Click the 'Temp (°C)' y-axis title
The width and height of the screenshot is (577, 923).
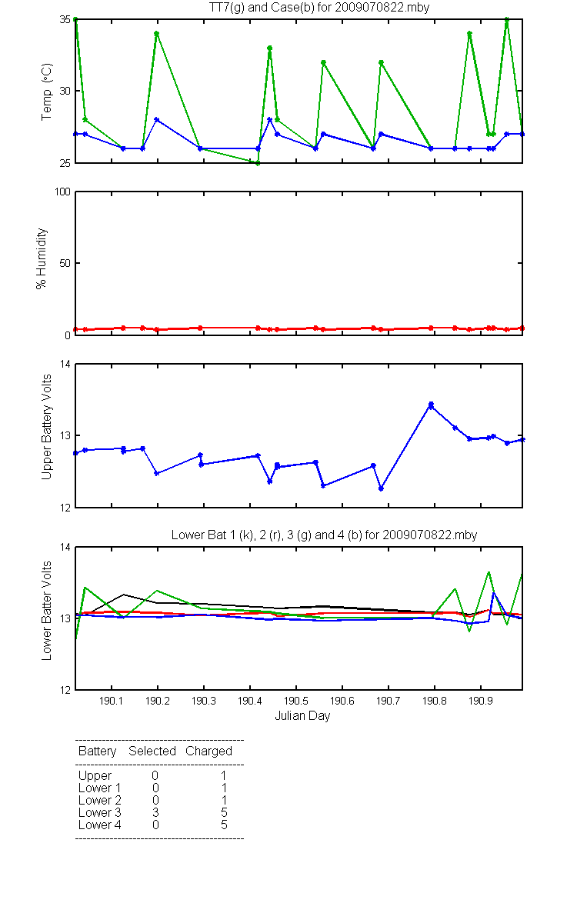click(47, 92)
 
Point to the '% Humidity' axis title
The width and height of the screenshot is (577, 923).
click(42, 258)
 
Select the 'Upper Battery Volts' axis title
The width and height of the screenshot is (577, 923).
click(47, 427)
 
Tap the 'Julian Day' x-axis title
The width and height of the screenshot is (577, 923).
click(302, 716)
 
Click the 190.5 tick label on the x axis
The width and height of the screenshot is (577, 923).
click(296, 701)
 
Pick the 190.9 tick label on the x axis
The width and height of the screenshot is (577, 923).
click(481, 701)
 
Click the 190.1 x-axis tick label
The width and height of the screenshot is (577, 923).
click(112, 701)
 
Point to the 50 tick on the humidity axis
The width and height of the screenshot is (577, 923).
click(65, 263)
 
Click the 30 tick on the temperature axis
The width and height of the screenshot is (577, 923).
click(65, 91)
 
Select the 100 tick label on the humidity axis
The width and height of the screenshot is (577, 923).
click(62, 192)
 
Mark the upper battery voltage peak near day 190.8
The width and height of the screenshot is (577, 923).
click(431, 405)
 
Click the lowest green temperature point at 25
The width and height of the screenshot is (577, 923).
click(258, 163)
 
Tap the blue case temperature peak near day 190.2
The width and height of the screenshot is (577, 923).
click(157, 119)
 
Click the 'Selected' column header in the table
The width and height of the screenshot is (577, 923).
click(152, 751)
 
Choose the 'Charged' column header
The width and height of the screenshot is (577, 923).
click(208, 751)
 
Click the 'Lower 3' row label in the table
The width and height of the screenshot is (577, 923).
click(100, 812)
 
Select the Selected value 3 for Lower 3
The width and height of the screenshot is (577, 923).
click(155, 812)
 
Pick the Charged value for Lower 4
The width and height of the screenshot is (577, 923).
click(224, 825)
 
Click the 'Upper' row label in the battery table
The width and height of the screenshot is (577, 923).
click(95, 776)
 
